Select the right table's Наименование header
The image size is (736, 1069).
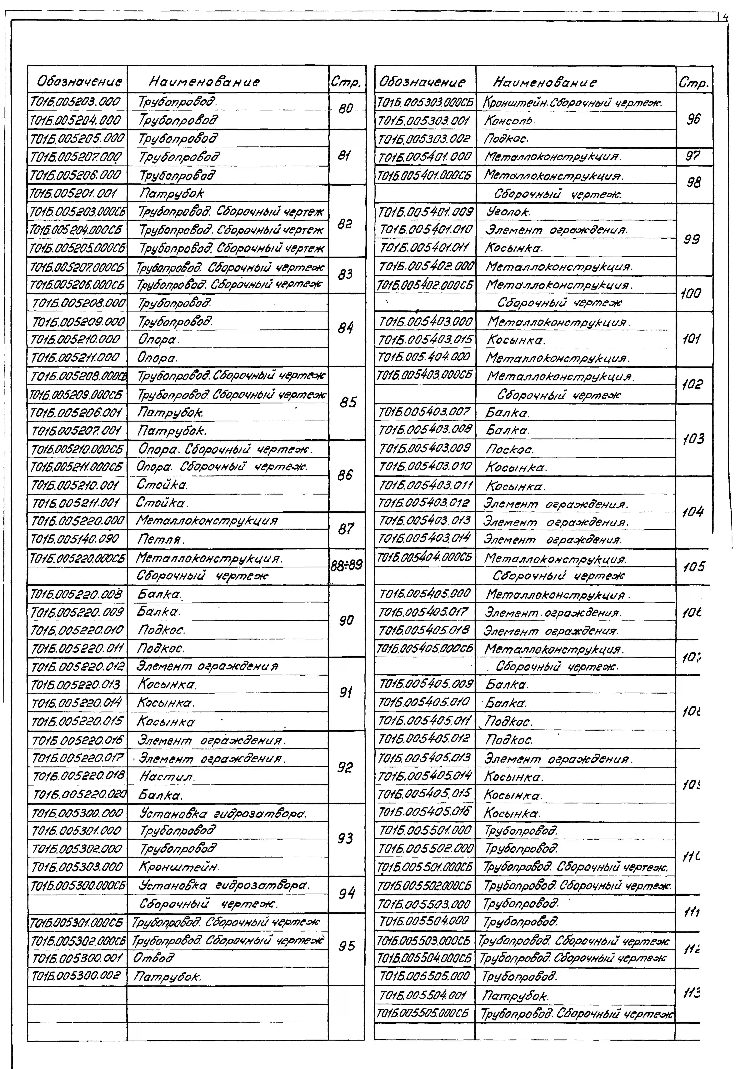coord(545,83)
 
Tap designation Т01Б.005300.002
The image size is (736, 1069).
coord(77,976)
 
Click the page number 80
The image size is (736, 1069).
coord(345,109)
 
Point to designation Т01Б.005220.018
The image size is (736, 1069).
coord(79,777)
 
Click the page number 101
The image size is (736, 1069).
coord(692,339)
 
